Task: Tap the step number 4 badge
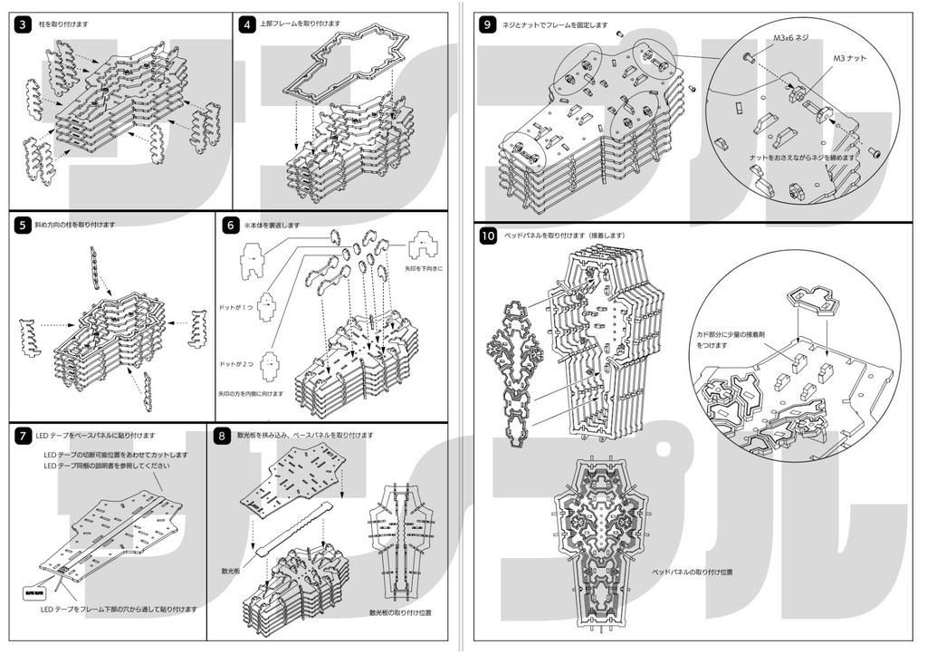[x=246, y=24]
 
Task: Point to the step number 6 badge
[x=230, y=224]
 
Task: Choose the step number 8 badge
[x=223, y=435]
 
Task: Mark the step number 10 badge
[x=488, y=236]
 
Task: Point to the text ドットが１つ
[x=238, y=308]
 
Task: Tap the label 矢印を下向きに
[x=422, y=268]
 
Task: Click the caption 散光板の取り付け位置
[x=400, y=613]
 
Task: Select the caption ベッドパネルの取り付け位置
[x=693, y=572]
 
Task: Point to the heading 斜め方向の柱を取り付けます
[x=76, y=224]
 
